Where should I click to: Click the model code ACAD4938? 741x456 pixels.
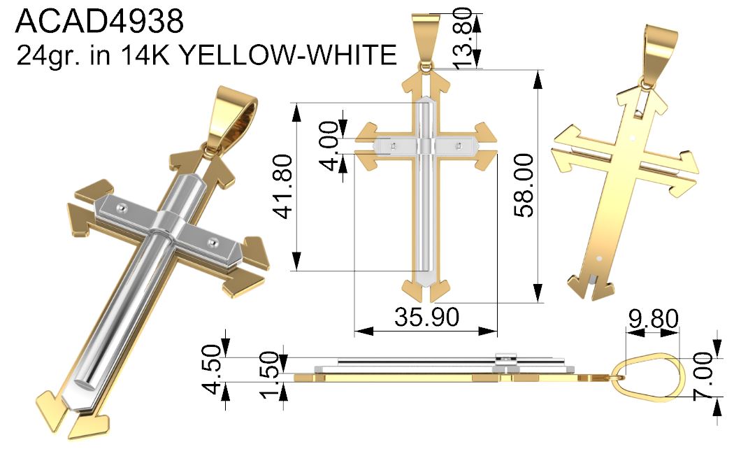pos(99,21)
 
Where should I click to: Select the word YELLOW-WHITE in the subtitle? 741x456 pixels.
pos(288,55)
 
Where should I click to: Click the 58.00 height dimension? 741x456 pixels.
pos(524,185)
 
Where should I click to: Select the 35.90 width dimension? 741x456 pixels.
pos(426,316)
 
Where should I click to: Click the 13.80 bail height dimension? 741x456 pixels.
pos(463,38)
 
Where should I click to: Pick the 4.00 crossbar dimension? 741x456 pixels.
pos(329,145)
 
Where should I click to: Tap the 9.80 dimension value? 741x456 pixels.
pos(654,318)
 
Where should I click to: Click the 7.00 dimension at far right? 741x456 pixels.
pos(703,376)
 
